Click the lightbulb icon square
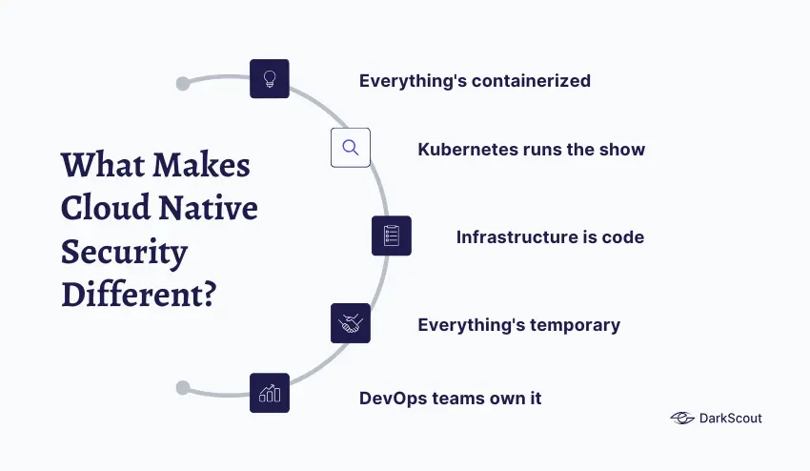pos(270,79)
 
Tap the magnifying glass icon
pos(350,148)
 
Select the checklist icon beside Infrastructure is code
pos(391,235)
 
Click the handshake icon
pos(350,323)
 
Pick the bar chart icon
pos(270,393)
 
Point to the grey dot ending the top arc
pos(183,84)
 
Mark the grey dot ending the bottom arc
pos(183,388)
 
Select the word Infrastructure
pos(512,236)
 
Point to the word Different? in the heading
pos(138,293)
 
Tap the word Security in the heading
pos(124,251)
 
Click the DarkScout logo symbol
pos(681,418)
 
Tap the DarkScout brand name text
pos(732,418)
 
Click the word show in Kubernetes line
pos(623,150)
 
